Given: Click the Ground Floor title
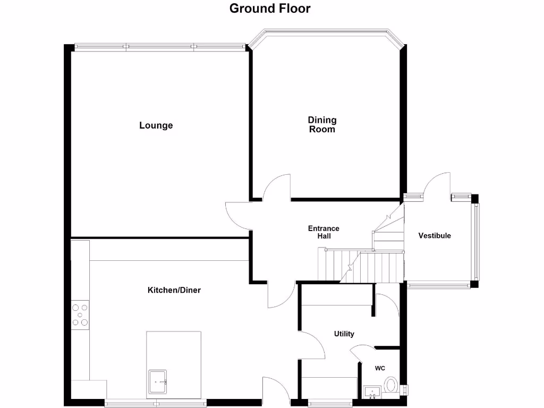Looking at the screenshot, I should pyautogui.click(x=270, y=8).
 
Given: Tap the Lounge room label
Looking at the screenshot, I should pyautogui.click(x=156, y=126).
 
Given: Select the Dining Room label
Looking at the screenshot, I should pyautogui.click(x=322, y=125).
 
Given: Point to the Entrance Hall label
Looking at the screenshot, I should pyautogui.click(x=324, y=232).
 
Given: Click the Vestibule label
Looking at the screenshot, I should pyautogui.click(x=434, y=235).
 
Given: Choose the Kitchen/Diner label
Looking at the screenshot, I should pyautogui.click(x=174, y=290).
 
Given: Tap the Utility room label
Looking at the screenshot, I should pyautogui.click(x=344, y=334).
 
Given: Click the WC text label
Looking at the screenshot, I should pyautogui.click(x=380, y=368).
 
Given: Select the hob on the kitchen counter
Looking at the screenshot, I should pyautogui.click(x=80, y=314).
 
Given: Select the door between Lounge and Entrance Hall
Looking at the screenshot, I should pyautogui.click(x=237, y=215).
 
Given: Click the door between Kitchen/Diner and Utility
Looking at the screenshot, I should pyautogui.click(x=313, y=345).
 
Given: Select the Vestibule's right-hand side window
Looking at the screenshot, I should pyautogui.click(x=476, y=241).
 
